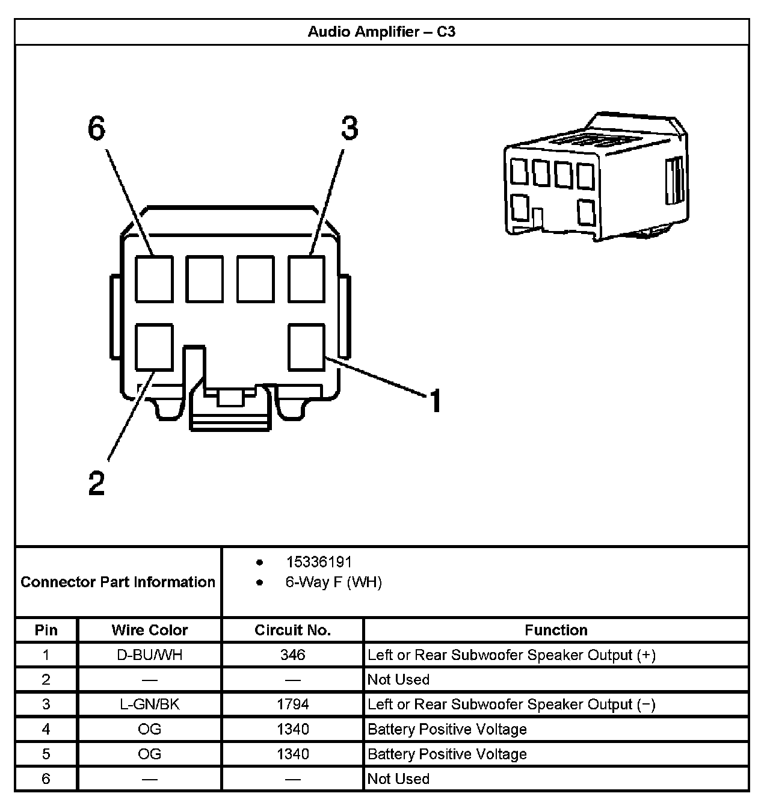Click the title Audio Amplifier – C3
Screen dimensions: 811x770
381,32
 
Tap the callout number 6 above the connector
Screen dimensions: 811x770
97,128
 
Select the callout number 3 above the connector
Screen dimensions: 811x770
350,128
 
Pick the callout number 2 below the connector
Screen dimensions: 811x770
97,483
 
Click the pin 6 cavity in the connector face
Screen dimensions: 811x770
154,279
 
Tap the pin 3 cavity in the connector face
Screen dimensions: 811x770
307,279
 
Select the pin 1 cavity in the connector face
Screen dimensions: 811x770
307,347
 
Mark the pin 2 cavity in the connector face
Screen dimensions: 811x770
154,347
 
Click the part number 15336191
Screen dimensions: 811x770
319,562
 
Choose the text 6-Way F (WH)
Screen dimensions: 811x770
333,582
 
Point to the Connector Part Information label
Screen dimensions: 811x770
118,582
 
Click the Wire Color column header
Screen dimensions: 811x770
150,630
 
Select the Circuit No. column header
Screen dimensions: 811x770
292,630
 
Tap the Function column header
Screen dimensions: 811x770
556,630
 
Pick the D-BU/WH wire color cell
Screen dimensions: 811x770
150,655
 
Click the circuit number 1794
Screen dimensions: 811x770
292,704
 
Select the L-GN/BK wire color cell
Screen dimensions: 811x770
150,704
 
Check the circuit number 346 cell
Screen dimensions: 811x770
292,655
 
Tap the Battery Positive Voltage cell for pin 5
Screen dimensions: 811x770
447,754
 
